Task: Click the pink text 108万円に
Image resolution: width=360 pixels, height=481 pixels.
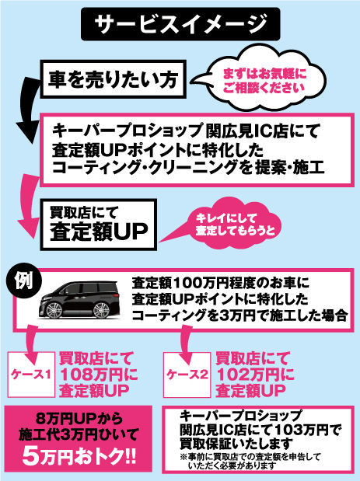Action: (99, 373)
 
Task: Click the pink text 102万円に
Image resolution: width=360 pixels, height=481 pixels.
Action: (253, 373)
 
